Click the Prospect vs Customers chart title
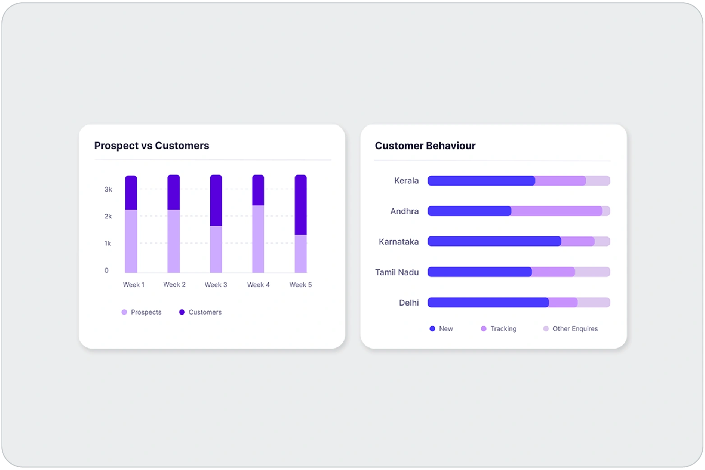pyautogui.click(x=152, y=146)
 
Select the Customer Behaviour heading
pyautogui.click(x=425, y=146)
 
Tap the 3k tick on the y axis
pyautogui.click(x=108, y=189)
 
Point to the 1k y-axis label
pyautogui.click(x=108, y=244)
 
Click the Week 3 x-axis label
pyautogui.click(x=216, y=285)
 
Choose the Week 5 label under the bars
pyautogui.click(x=300, y=285)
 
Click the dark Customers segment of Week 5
pyautogui.click(x=300, y=205)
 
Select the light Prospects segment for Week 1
pyautogui.click(x=131, y=241)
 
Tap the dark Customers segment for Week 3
pyautogui.click(x=216, y=200)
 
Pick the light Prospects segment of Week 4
pyautogui.click(x=258, y=239)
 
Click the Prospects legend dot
pyautogui.click(x=124, y=312)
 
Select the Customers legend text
pyautogui.click(x=205, y=312)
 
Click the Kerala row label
pyautogui.click(x=406, y=181)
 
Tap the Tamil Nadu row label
pyautogui.click(x=397, y=272)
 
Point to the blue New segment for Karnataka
pyautogui.click(x=494, y=241)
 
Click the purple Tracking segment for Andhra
pyautogui.click(x=557, y=211)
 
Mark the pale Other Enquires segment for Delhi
pyautogui.click(x=594, y=303)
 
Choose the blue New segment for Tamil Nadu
pyautogui.click(x=479, y=272)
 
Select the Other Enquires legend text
pyautogui.click(x=575, y=329)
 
